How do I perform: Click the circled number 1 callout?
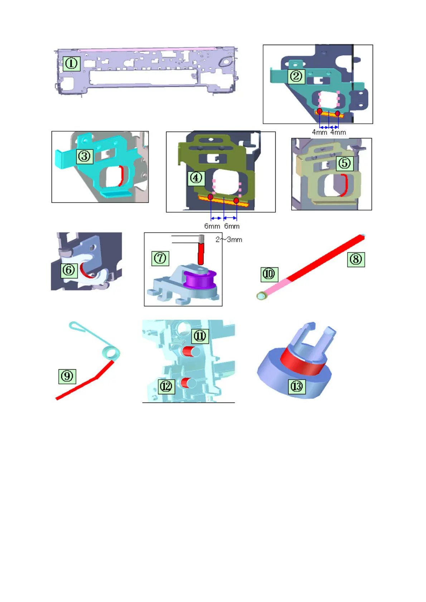coord(71,64)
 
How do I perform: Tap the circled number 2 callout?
coord(296,76)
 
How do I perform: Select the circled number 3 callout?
coord(84,156)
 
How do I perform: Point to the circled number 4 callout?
coord(196,178)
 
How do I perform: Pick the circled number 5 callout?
coord(345,163)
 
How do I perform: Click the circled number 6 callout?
coord(69,270)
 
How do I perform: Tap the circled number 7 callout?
coord(160,258)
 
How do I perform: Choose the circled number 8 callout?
coord(356,259)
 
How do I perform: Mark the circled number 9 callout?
coord(67,376)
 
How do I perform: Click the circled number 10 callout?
coord(269,274)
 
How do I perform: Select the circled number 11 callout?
coord(200,336)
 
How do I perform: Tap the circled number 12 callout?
coord(166,386)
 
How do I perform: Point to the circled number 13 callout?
coord(297,386)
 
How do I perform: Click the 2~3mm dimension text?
coord(229,240)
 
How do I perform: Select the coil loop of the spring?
coord(111,353)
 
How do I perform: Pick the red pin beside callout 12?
coord(186,383)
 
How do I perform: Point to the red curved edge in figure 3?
coord(121,176)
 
